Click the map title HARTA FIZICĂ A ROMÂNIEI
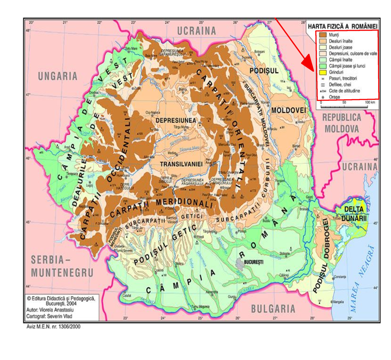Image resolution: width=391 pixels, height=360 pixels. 342,26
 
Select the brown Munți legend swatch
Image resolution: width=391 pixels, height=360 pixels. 323,35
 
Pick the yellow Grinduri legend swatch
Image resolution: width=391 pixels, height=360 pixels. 323,72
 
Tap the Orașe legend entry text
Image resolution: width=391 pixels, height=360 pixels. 334,97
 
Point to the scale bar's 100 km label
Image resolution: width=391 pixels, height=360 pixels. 370,102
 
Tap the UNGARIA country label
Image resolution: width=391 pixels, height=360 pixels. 58,76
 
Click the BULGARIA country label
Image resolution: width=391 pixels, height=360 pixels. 273,309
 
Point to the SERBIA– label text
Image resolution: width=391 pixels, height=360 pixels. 51,260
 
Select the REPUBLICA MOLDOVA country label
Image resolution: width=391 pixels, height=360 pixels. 342,123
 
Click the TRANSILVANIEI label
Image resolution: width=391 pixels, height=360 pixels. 181,164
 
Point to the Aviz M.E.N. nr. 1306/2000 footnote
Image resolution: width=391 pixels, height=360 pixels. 53,326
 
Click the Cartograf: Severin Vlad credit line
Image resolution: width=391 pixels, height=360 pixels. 49,316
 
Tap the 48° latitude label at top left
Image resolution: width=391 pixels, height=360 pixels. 28,31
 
